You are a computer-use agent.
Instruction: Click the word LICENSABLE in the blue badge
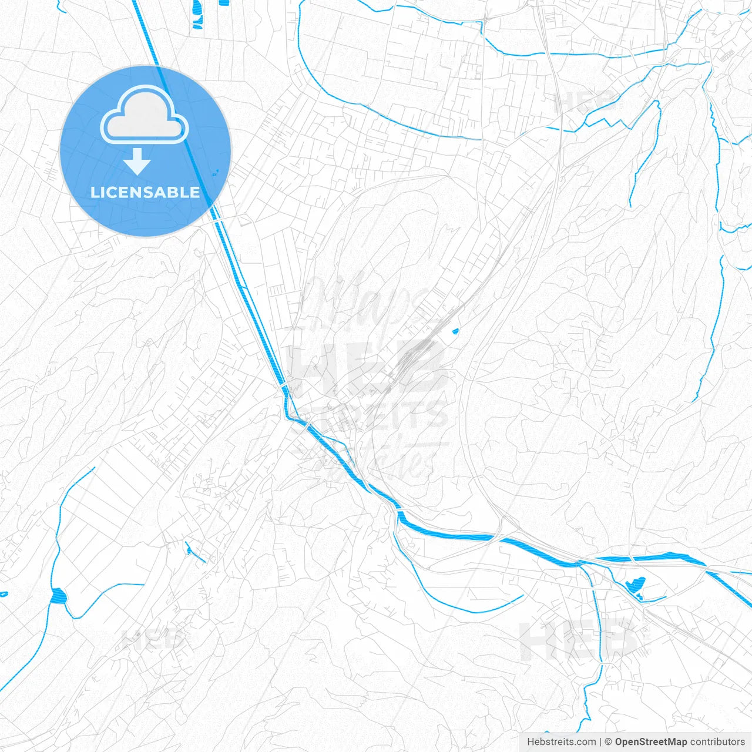[145, 193]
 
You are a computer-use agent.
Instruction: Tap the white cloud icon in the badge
[145, 116]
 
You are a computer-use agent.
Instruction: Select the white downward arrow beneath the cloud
[137, 162]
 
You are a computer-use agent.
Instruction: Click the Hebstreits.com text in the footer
[561, 742]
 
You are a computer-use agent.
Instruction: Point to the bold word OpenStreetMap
[651, 742]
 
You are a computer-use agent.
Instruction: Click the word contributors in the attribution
[717, 742]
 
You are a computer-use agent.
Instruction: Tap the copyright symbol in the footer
[609, 742]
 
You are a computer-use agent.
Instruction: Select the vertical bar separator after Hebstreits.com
[600, 742]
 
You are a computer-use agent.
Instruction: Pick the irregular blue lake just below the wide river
[636, 585]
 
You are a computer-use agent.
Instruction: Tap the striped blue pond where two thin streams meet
[59, 596]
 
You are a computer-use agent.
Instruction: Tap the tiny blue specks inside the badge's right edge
[216, 173]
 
